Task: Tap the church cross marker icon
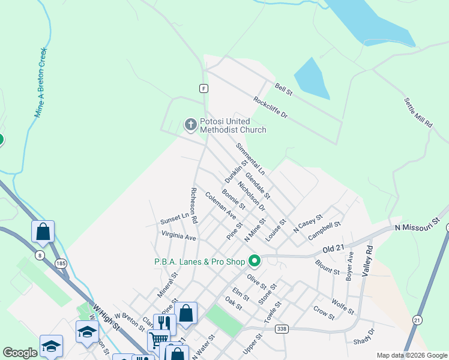coord(191,125)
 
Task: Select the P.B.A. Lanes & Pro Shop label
coord(200,261)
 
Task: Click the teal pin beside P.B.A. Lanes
coord(255,260)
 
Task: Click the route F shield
coord(204,88)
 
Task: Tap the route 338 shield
coord(282,329)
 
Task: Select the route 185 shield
coord(61,263)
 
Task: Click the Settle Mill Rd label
coord(418,113)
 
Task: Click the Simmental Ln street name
coord(250,157)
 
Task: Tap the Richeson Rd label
coord(194,206)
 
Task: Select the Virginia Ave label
coord(178,237)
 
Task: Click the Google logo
coord(20,353)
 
